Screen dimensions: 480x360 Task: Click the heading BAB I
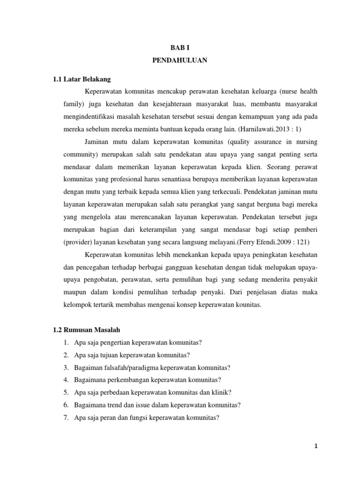[x=180, y=48]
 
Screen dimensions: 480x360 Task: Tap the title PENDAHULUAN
[x=180, y=61]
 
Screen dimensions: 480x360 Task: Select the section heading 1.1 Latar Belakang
[x=82, y=79]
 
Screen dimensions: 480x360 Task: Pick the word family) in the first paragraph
[x=74, y=104]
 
